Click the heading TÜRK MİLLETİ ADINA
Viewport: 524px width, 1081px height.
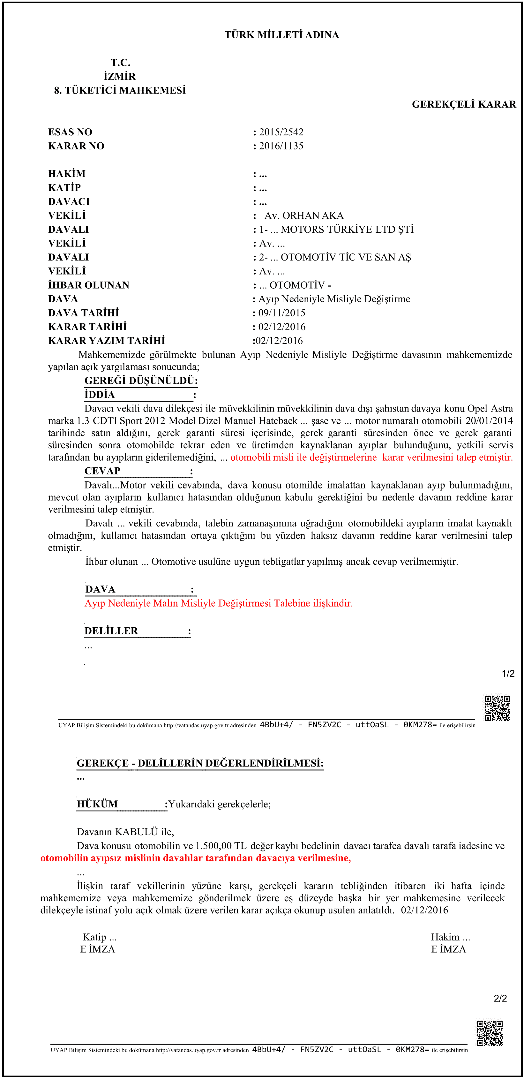[x=281, y=35]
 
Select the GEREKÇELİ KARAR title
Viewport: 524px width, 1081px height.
[x=464, y=104]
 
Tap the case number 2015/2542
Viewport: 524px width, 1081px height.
[x=281, y=132]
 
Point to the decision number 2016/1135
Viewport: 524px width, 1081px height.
[x=281, y=146]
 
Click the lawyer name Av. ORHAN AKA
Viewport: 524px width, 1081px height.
[x=304, y=216]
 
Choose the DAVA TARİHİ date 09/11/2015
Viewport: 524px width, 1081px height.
[x=281, y=313]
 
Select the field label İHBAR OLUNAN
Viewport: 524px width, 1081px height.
[x=88, y=285]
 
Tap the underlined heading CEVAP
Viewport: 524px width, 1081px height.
[x=102, y=471]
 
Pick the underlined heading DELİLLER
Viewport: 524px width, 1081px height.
[x=111, y=631]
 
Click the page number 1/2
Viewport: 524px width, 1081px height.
[x=508, y=674]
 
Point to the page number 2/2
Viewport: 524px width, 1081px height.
[x=500, y=998]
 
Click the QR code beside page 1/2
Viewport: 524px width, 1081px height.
[x=497, y=709]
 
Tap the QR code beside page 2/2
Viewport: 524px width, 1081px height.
[x=490, y=1033]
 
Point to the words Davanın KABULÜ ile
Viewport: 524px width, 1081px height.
[x=125, y=832]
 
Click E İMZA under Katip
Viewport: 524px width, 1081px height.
[x=98, y=949]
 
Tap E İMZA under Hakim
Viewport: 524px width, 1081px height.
[x=448, y=949]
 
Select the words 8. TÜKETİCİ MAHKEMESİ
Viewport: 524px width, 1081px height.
[x=120, y=91]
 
